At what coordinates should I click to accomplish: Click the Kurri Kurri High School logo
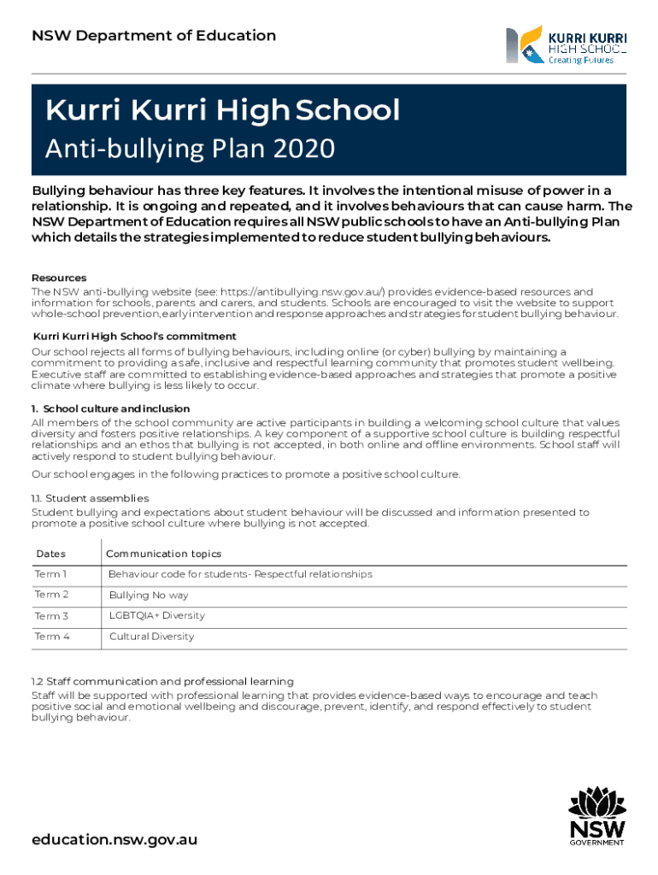(x=567, y=45)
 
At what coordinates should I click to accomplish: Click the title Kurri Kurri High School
(x=222, y=109)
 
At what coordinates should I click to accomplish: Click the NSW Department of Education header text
(x=154, y=36)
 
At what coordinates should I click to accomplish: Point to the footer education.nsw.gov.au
(x=115, y=839)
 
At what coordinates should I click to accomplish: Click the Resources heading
(x=59, y=279)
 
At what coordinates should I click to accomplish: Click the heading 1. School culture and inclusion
(x=110, y=409)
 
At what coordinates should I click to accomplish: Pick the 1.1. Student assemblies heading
(x=91, y=498)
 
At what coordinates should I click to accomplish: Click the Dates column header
(x=50, y=554)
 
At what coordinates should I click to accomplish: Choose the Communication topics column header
(x=163, y=554)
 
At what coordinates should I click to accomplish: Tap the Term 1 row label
(x=50, y=574)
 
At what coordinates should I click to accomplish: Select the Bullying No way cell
(x=149, y=596)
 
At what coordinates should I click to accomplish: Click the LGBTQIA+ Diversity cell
(x=156, y=615)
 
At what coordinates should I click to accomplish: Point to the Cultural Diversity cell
(x=151, y=637)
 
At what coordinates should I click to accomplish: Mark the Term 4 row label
(x=52, y=637)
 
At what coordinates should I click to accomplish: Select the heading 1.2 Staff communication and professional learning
(x=162, y=681)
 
